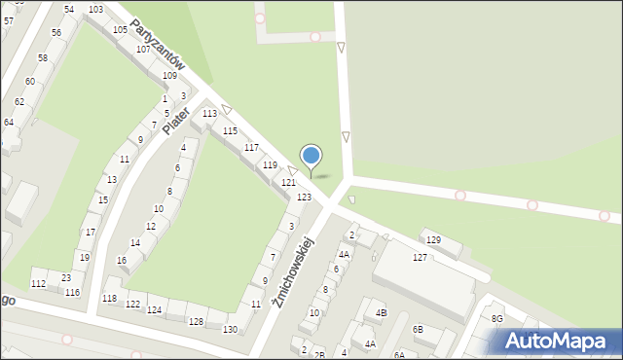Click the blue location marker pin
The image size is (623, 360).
click(311, 157)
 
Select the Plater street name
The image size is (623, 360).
click(175, 119)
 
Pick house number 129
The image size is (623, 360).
click(433, 239)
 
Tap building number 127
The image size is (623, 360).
click(420, 257)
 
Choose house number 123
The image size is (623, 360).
click(305, 198)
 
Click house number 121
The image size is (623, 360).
click(288, 183)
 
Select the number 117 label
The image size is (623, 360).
click(251, 148)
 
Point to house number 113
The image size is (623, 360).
click(209, 114)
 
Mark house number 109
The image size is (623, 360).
click(169, 75)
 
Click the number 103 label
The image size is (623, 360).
click(95, 10)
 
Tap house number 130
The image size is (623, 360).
click(230, 330)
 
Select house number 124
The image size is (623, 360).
click(154, 310)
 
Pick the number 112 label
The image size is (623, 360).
click(38, 283)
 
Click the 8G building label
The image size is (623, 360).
click(497, 319)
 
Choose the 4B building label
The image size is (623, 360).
click(382, 313)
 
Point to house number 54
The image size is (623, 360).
click(69, 10)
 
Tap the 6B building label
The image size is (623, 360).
click(418, 330)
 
